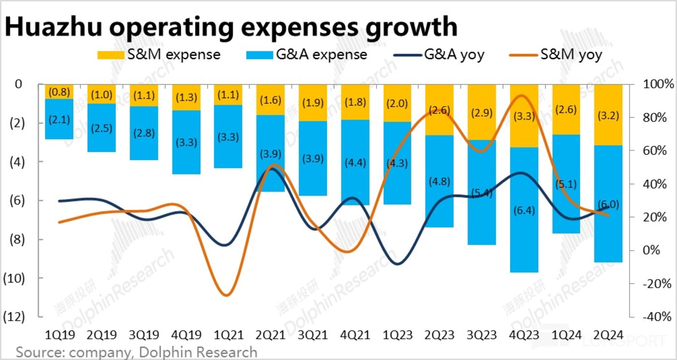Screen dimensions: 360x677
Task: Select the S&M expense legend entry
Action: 159,55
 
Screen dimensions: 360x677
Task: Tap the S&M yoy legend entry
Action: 557,55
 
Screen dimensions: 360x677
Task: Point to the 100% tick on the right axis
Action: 659,85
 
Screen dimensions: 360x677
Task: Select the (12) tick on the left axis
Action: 14,317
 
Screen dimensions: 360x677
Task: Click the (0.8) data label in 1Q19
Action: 59,91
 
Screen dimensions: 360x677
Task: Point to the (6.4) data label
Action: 525,210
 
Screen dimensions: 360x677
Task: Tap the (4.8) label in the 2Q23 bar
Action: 440,182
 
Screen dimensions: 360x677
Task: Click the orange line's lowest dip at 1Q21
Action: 226,295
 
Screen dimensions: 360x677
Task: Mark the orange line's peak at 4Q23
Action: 522,95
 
